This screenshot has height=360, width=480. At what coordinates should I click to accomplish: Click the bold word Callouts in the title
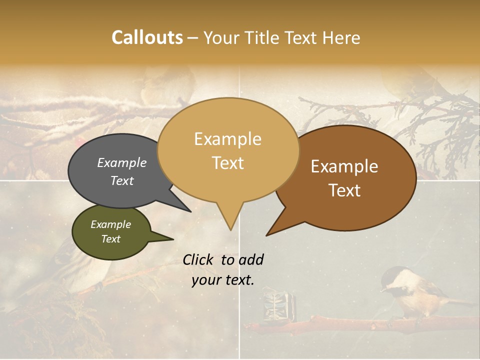(147, 37)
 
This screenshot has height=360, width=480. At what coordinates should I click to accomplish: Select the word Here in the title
(340, 38)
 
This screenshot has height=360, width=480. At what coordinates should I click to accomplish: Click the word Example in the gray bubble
(121, 163)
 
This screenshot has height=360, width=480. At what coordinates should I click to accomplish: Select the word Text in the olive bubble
(110, 239)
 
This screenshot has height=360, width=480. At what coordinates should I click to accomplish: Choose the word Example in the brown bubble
(344, 166)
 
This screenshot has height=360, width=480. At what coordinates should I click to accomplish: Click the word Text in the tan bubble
(228, 163)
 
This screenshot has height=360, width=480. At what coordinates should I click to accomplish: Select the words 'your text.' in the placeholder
(222, 280)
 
